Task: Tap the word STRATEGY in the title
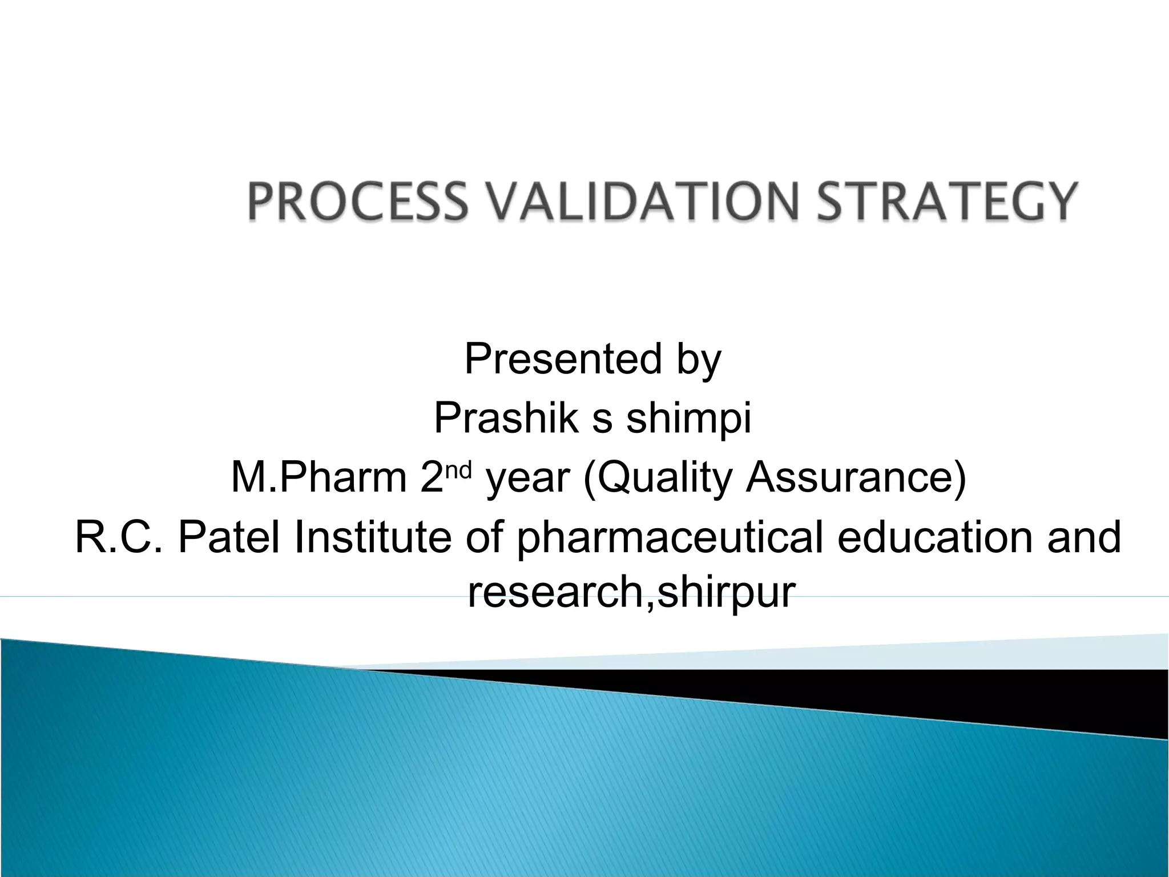click(948, 201)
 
